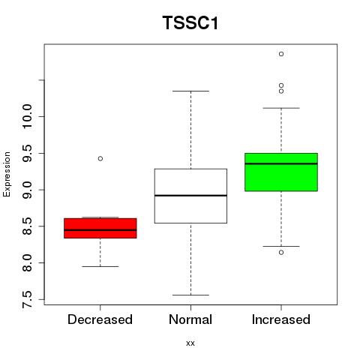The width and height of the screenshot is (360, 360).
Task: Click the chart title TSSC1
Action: click(190, 23)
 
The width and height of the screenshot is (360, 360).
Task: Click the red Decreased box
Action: click(100, 228)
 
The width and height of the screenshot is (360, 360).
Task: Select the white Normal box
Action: click(190, 196)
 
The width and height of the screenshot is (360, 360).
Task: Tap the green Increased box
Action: click(281, 172)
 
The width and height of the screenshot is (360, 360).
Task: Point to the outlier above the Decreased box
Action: click(100, 158)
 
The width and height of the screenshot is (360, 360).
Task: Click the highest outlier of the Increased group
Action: click(281, 54)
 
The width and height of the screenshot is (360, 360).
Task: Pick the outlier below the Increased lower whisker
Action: click(281, 253)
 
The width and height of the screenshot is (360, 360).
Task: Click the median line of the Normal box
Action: click(190, 195)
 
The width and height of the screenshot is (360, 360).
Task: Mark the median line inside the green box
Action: click(281, 163)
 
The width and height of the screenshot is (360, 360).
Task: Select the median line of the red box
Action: click(100, 229)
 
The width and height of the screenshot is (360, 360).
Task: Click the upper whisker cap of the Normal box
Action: click(190, 91)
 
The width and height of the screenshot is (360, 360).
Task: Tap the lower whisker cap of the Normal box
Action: click(190, 295)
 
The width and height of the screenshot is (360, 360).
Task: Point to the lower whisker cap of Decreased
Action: click(100, 266)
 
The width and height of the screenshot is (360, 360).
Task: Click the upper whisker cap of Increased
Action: click(281, 108)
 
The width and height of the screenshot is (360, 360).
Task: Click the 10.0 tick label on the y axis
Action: click(27, 116)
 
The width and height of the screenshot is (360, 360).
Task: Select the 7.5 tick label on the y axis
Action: click(27, 299)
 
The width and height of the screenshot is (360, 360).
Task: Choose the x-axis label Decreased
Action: click(100, 319)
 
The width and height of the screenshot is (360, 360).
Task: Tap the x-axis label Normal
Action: click(190, 319)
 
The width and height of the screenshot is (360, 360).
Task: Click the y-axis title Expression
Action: click(7, 174)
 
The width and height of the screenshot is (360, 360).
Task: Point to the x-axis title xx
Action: click(190, 343)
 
